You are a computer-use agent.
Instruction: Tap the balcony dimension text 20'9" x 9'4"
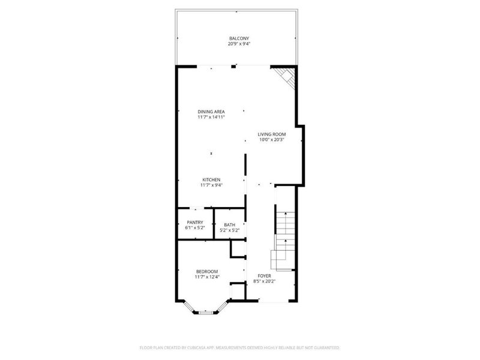(x=239, y=44)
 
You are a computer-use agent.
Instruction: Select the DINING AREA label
(x=211, y=112)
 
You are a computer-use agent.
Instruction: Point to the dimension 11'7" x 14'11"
(x=211, y=118)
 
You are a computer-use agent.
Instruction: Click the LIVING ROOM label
(x=271, y=134)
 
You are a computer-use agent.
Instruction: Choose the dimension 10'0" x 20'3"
(x=271, y=140)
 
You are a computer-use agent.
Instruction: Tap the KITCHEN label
(x=211, y=180)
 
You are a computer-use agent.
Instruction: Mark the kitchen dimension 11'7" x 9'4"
(x=211, y=186)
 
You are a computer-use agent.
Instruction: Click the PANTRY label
(x=195, y=223)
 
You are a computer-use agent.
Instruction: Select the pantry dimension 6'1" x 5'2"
(x=195, y=229)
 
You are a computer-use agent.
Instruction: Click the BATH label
(x=229, y=224)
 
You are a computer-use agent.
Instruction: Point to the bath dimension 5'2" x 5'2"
(x=229, y=230)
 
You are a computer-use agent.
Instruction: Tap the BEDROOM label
(x=206, y=271)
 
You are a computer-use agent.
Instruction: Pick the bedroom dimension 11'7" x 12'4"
(x=206, y=277)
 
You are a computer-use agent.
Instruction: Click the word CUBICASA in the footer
(x=205, y=347)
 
